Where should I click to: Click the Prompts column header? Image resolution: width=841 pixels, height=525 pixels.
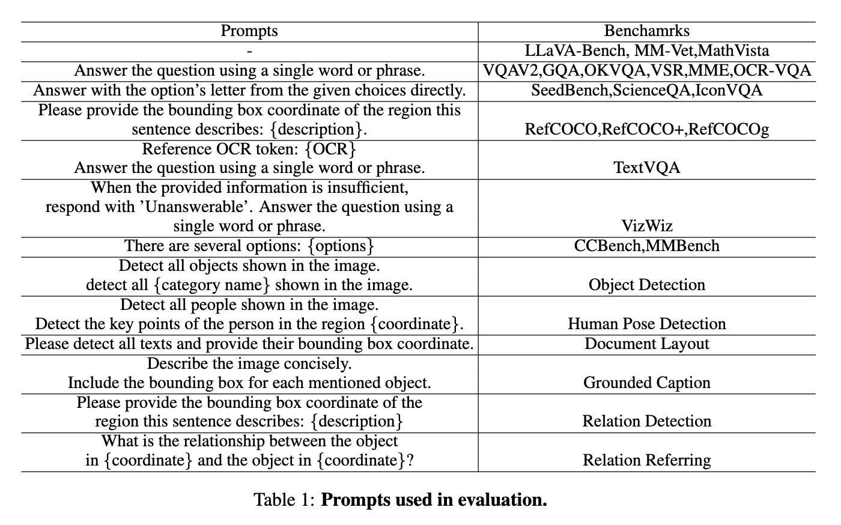coord(249,31)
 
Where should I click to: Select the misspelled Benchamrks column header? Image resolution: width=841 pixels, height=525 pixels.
coord(646,31)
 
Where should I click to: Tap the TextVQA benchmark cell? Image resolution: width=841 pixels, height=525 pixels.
coord(646,168)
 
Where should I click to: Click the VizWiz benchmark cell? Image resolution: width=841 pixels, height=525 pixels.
coord(646,226)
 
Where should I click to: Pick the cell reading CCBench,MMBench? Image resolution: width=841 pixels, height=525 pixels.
coord(646,246)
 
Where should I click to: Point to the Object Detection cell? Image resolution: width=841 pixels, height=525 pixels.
coord(646,285)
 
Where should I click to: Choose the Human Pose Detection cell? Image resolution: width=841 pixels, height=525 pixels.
coord(646,324)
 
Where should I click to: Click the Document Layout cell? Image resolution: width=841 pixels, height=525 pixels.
coord(646,344)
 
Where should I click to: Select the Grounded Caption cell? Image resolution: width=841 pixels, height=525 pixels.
coord(646,383)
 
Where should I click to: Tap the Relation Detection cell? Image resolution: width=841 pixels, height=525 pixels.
coord(646,422)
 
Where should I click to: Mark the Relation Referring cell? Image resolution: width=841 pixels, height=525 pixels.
coord(646,461)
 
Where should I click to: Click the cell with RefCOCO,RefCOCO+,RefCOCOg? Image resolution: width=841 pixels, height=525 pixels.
coord(646,129)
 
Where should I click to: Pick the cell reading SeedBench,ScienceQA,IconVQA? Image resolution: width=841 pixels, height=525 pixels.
coord(646,91)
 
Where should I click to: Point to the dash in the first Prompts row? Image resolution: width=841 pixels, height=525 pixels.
coord(249,52)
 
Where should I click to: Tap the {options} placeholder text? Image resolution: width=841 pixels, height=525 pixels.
coord(341,246)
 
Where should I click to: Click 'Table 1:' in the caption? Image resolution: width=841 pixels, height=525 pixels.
coord(284,500)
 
